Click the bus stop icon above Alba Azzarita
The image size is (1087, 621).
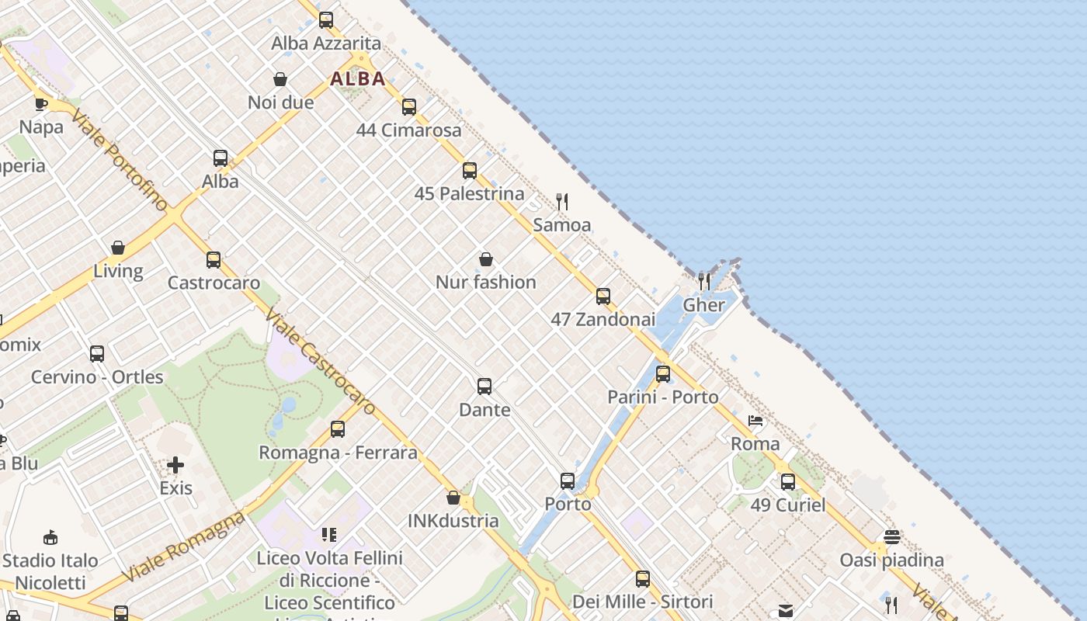[326, 20]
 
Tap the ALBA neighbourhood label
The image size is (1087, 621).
[358, 78]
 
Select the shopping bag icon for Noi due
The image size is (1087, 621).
[280, 79]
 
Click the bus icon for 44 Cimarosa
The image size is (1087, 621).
[409, 107]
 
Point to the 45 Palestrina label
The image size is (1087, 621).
[469, 193]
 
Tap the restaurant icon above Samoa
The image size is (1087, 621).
[562, 202]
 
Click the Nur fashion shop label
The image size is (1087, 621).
[485, 282]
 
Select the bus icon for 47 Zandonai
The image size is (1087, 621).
[603, 297]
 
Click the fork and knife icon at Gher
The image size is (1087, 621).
[703, 281]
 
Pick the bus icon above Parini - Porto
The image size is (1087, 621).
[663, 374]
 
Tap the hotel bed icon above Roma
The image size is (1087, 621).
[755, 422]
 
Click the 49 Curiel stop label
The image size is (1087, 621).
[787, 505]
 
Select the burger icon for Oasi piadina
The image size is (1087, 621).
[891, 537]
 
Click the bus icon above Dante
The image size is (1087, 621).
[484, 387]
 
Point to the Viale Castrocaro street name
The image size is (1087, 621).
[320, 361]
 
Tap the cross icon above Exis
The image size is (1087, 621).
[175, 465]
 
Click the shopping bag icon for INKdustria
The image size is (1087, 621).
[453, 498]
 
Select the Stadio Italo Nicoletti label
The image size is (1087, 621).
[50, 571]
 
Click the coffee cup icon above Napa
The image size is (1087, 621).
[41, 104]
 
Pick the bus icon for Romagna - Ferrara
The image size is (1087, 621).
[338, 429]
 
